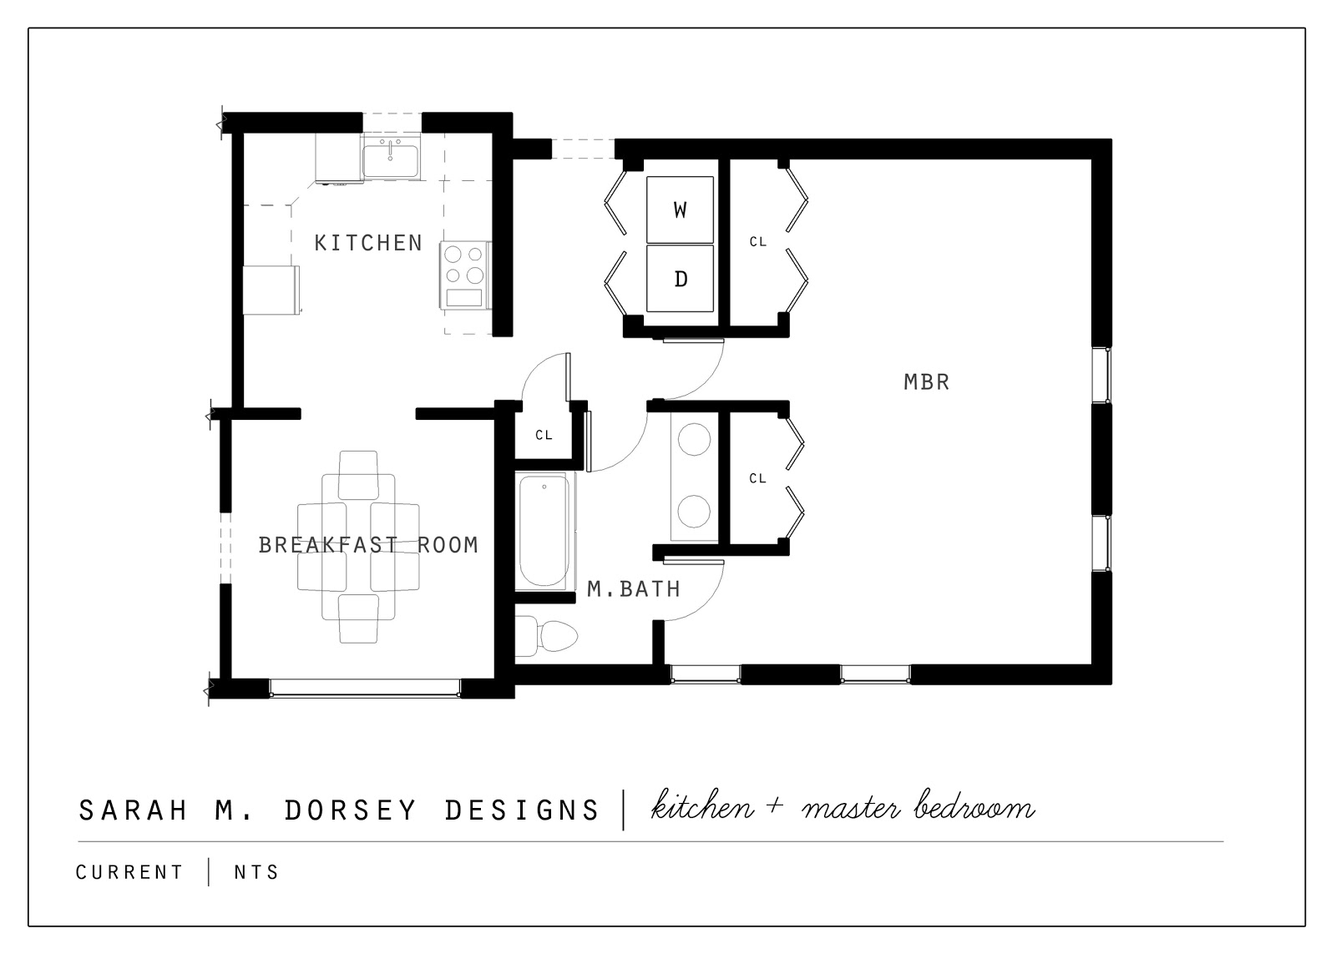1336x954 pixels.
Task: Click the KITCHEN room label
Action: (x=368, y=243)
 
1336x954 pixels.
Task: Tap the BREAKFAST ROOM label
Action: (x=368, y=545)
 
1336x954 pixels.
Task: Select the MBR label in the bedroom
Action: (x=927, y=382)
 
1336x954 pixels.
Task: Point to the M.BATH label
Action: (x=634, y=589)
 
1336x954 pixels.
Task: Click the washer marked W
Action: (x=681, y=209)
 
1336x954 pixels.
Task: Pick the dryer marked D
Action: (x=681, y=279)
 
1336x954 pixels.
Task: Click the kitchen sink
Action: (x=391, y=159)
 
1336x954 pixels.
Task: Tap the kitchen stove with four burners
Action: (x=465, y=275)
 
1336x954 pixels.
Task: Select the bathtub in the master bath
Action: (x=544, y=530)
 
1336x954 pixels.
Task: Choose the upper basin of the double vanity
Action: (x=693, y=439)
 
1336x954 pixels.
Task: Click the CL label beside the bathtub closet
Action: (x=544, y=435)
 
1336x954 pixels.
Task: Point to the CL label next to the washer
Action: (x=757, y=242)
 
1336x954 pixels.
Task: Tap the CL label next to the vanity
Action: (x=757, y=478)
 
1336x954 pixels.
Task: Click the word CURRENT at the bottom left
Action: (x=129, y=872)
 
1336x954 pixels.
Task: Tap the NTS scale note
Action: (x=256, y=872)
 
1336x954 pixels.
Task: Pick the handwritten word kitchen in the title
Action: (x=701, y=808)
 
